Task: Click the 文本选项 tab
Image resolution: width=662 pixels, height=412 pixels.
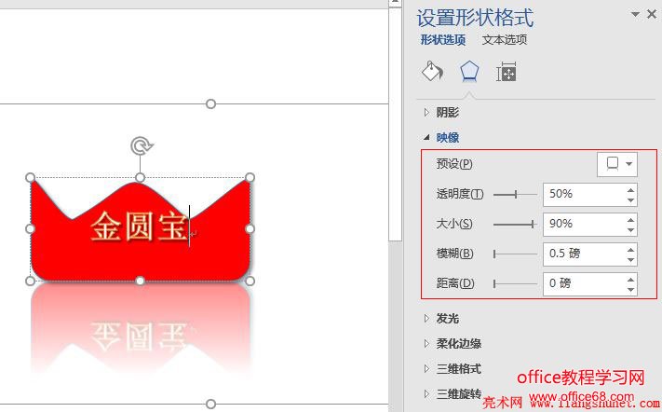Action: tap(505, 40)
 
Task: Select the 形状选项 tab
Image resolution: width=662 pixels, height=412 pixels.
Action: tap(442, 40)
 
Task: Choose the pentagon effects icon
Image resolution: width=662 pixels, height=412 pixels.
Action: tap(469, 72)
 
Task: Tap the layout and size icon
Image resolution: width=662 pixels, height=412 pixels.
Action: tap(507, 72)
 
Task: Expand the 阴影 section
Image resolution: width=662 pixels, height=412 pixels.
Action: tap(448, 113)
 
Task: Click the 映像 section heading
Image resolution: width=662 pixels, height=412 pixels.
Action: tap(448, 138)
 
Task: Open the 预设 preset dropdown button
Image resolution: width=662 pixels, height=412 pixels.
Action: tap(617, 164)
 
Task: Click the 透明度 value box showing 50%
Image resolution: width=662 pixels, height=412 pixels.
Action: tap(582, 194)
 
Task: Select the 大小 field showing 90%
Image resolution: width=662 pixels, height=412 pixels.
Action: tap(582, 224)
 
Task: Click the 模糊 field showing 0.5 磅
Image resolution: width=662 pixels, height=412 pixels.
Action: tap(582, 254)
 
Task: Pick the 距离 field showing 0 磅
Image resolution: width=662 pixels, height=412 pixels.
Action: tap(582, 283)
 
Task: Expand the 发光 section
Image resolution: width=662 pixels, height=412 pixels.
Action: tap(448, 319)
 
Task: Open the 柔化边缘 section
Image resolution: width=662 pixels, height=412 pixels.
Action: tap(459, 344)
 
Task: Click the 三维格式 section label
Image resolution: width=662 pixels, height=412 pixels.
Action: tap(459, 369)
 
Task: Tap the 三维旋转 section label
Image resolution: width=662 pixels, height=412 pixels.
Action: tap(459, 394)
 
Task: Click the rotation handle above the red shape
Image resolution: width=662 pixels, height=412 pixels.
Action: tap(141, 145)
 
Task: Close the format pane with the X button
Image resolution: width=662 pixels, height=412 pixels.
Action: tap(651, 14)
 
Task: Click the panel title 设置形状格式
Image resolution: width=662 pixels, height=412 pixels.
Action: tap(475, 18)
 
